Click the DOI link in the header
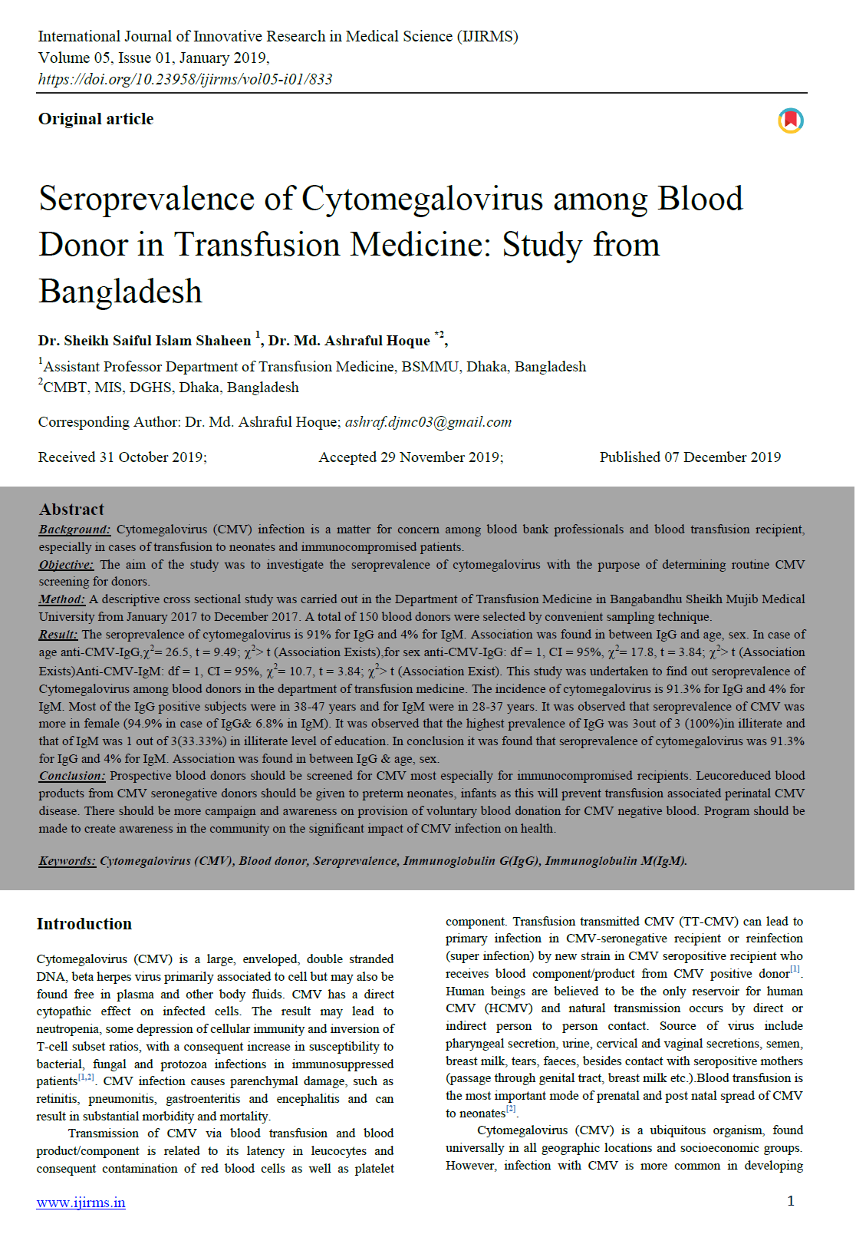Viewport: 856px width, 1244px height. click(x=185, y=79)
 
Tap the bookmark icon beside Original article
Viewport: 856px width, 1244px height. click(x=791, y=120)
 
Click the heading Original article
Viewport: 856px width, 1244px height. click(x=96, y=119)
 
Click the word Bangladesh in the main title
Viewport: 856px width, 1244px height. click(x=120, y=292)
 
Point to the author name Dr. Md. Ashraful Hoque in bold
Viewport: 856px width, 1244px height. click(x=349, y=341)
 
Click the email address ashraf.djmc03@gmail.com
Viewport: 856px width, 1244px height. click(x=428, y=422)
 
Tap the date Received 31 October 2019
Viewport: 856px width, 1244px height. click(x=122, y=457)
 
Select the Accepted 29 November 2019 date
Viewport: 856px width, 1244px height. click(x=411, y=457)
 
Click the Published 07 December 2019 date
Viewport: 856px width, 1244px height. click(x=690, y=457)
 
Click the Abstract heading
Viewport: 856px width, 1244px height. click(x=71, y=510)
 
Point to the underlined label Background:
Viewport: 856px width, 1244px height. click(x=74, y=530)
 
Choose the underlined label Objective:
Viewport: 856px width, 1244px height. click(x=66, y=565)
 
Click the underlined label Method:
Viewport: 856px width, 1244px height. click(x=61, y=599)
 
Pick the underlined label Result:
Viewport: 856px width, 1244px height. click(x=58, y=635)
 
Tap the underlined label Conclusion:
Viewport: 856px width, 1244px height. click(x=71, y=776)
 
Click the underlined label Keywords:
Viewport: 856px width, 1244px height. click(x=67, y=861)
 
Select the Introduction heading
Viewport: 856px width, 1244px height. click(x=84, y=924)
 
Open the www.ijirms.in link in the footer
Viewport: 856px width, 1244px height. click(x=81, y=1203)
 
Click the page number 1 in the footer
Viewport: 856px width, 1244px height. click(x=791, y=1201)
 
